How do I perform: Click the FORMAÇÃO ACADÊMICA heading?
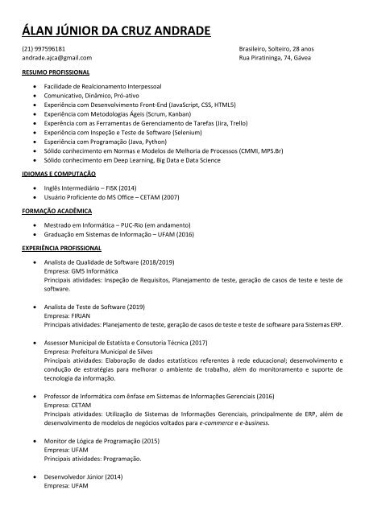point(56,208)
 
